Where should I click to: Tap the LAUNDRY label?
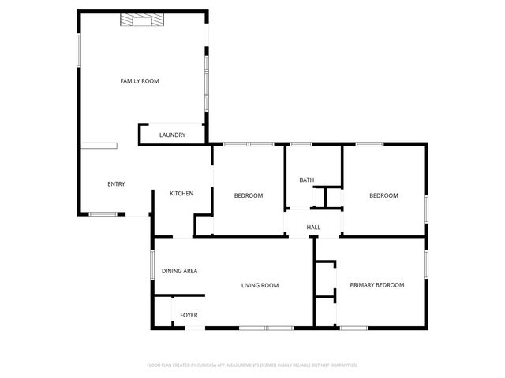click(172, 135)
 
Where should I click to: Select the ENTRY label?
click(116, 184)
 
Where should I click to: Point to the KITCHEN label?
click(181, 194)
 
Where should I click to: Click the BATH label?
click(306, 180)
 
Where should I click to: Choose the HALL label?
click(313, 228)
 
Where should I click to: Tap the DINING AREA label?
click(179, 271)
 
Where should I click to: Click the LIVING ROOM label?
click(260, 285)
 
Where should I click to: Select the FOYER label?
click(189, 315)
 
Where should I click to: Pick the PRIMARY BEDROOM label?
click(377, 285)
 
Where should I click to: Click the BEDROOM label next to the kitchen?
click(248, 195)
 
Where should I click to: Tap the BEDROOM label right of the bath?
click(383, 195)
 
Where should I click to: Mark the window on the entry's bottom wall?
click(103, 213)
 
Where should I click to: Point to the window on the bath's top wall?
click(301, 144)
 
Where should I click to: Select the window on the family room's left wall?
click(78, 49)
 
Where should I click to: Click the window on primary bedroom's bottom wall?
click(353, 328)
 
